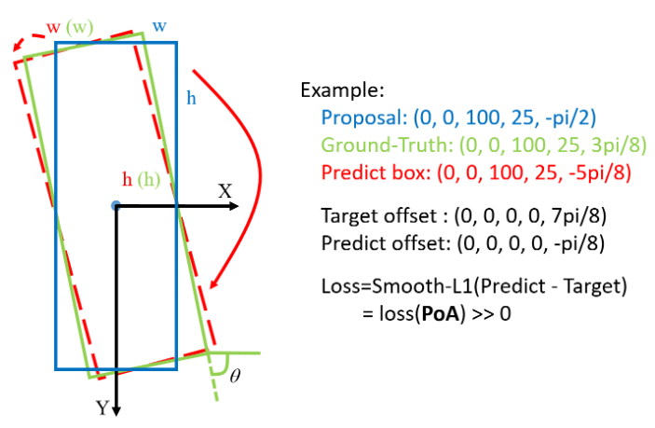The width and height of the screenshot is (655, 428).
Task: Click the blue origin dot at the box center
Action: [x=115, y=204]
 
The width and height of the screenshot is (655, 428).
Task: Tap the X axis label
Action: [x=225, y=190]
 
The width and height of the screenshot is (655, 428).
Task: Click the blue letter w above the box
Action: [x=159, y=25]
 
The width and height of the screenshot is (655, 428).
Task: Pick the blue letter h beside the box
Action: [x=190, y=96]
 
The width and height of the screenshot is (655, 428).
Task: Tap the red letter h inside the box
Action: [x=128, y=178]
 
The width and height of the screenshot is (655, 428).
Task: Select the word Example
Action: [x=342, y=91]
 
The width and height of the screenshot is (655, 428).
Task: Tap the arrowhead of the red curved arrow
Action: [x=216, y=283]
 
